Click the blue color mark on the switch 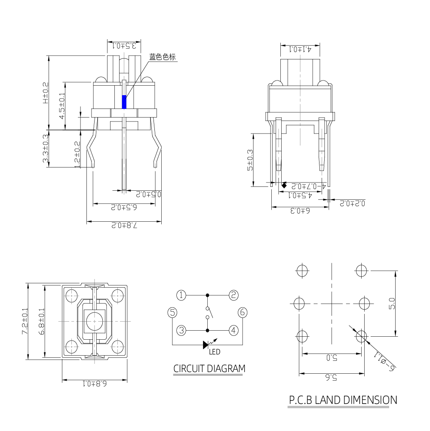125,102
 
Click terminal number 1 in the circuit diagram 182,295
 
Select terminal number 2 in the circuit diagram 233,295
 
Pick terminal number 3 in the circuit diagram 182,330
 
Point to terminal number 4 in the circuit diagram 233,330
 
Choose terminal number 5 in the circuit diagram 172,313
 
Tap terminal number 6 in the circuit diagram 243,313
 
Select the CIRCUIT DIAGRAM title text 209,369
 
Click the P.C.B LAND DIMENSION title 342,400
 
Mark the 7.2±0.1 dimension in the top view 27,321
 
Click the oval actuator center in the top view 94,321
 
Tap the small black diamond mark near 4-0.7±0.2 284,186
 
